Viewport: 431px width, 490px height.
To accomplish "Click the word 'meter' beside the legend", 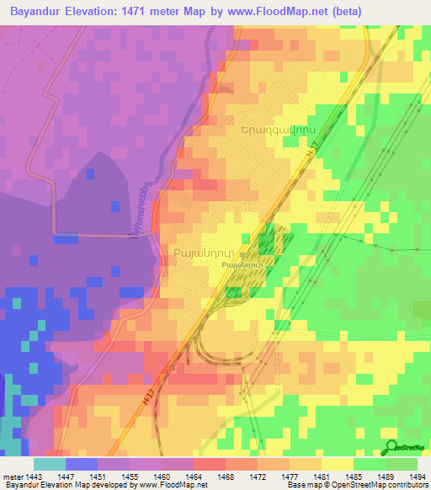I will click(x=13, y=476).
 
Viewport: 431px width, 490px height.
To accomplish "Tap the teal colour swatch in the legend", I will click(x=50, y=464).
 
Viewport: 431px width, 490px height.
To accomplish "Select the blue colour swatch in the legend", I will click(x=82, y=464).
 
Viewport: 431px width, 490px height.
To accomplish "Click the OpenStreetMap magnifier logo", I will click(x=391, y=446).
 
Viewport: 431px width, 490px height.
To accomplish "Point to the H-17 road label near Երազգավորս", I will click(x=312, y=146).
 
